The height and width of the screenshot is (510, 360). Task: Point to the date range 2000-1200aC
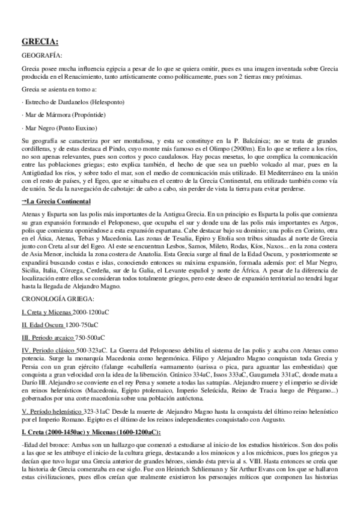[x=91, y=312]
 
